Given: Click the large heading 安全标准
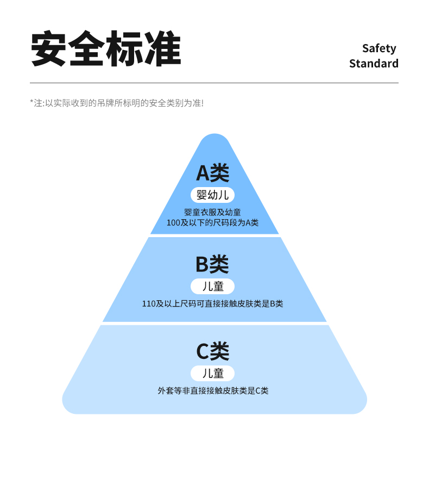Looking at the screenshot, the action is [106, 49].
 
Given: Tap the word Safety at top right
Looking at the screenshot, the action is [379, 48].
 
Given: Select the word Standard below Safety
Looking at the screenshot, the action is [374, 64].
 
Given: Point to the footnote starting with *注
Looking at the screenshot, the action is [117, 102].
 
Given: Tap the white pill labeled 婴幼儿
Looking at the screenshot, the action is [212, 195].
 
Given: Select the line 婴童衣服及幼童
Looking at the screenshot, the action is [212, 212].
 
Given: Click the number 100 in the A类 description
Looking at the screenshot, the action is [173, 222].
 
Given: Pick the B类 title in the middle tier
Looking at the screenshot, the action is [212, 264].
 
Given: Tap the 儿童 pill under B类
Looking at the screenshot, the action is [212, 287].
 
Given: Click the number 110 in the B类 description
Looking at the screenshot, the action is [149, 303].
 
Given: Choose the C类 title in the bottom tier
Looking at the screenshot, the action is [212, 351].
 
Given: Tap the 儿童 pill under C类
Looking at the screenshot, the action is [212, 374].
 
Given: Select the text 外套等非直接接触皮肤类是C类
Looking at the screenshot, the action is [213, 390].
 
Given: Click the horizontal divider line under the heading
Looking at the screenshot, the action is [214, 83].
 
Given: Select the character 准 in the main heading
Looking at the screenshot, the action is [162, 49].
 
